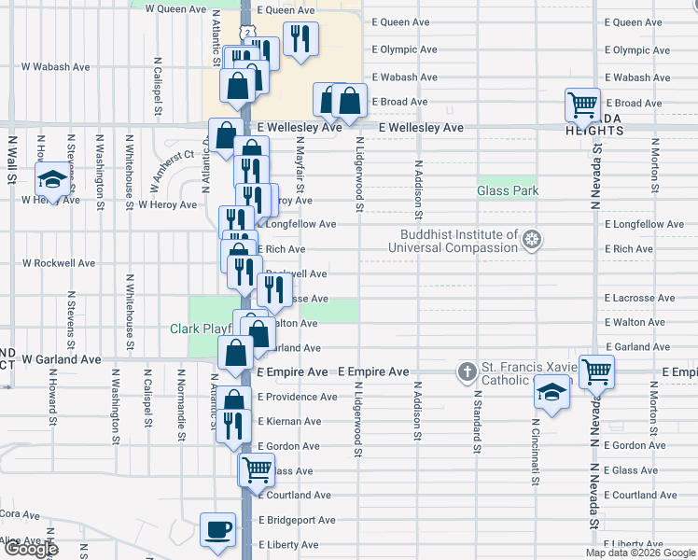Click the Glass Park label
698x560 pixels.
[508, 190]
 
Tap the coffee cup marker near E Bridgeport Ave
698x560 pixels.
[218, 529]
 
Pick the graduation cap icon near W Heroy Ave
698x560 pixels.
[53, 178]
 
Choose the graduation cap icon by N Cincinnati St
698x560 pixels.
[552, 392]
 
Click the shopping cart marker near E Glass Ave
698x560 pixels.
[257, 469]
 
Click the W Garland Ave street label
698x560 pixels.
[62, 358]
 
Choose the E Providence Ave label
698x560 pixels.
[298, 397]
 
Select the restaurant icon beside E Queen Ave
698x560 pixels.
[300, 39]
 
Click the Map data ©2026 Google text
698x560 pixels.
[639, 553]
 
